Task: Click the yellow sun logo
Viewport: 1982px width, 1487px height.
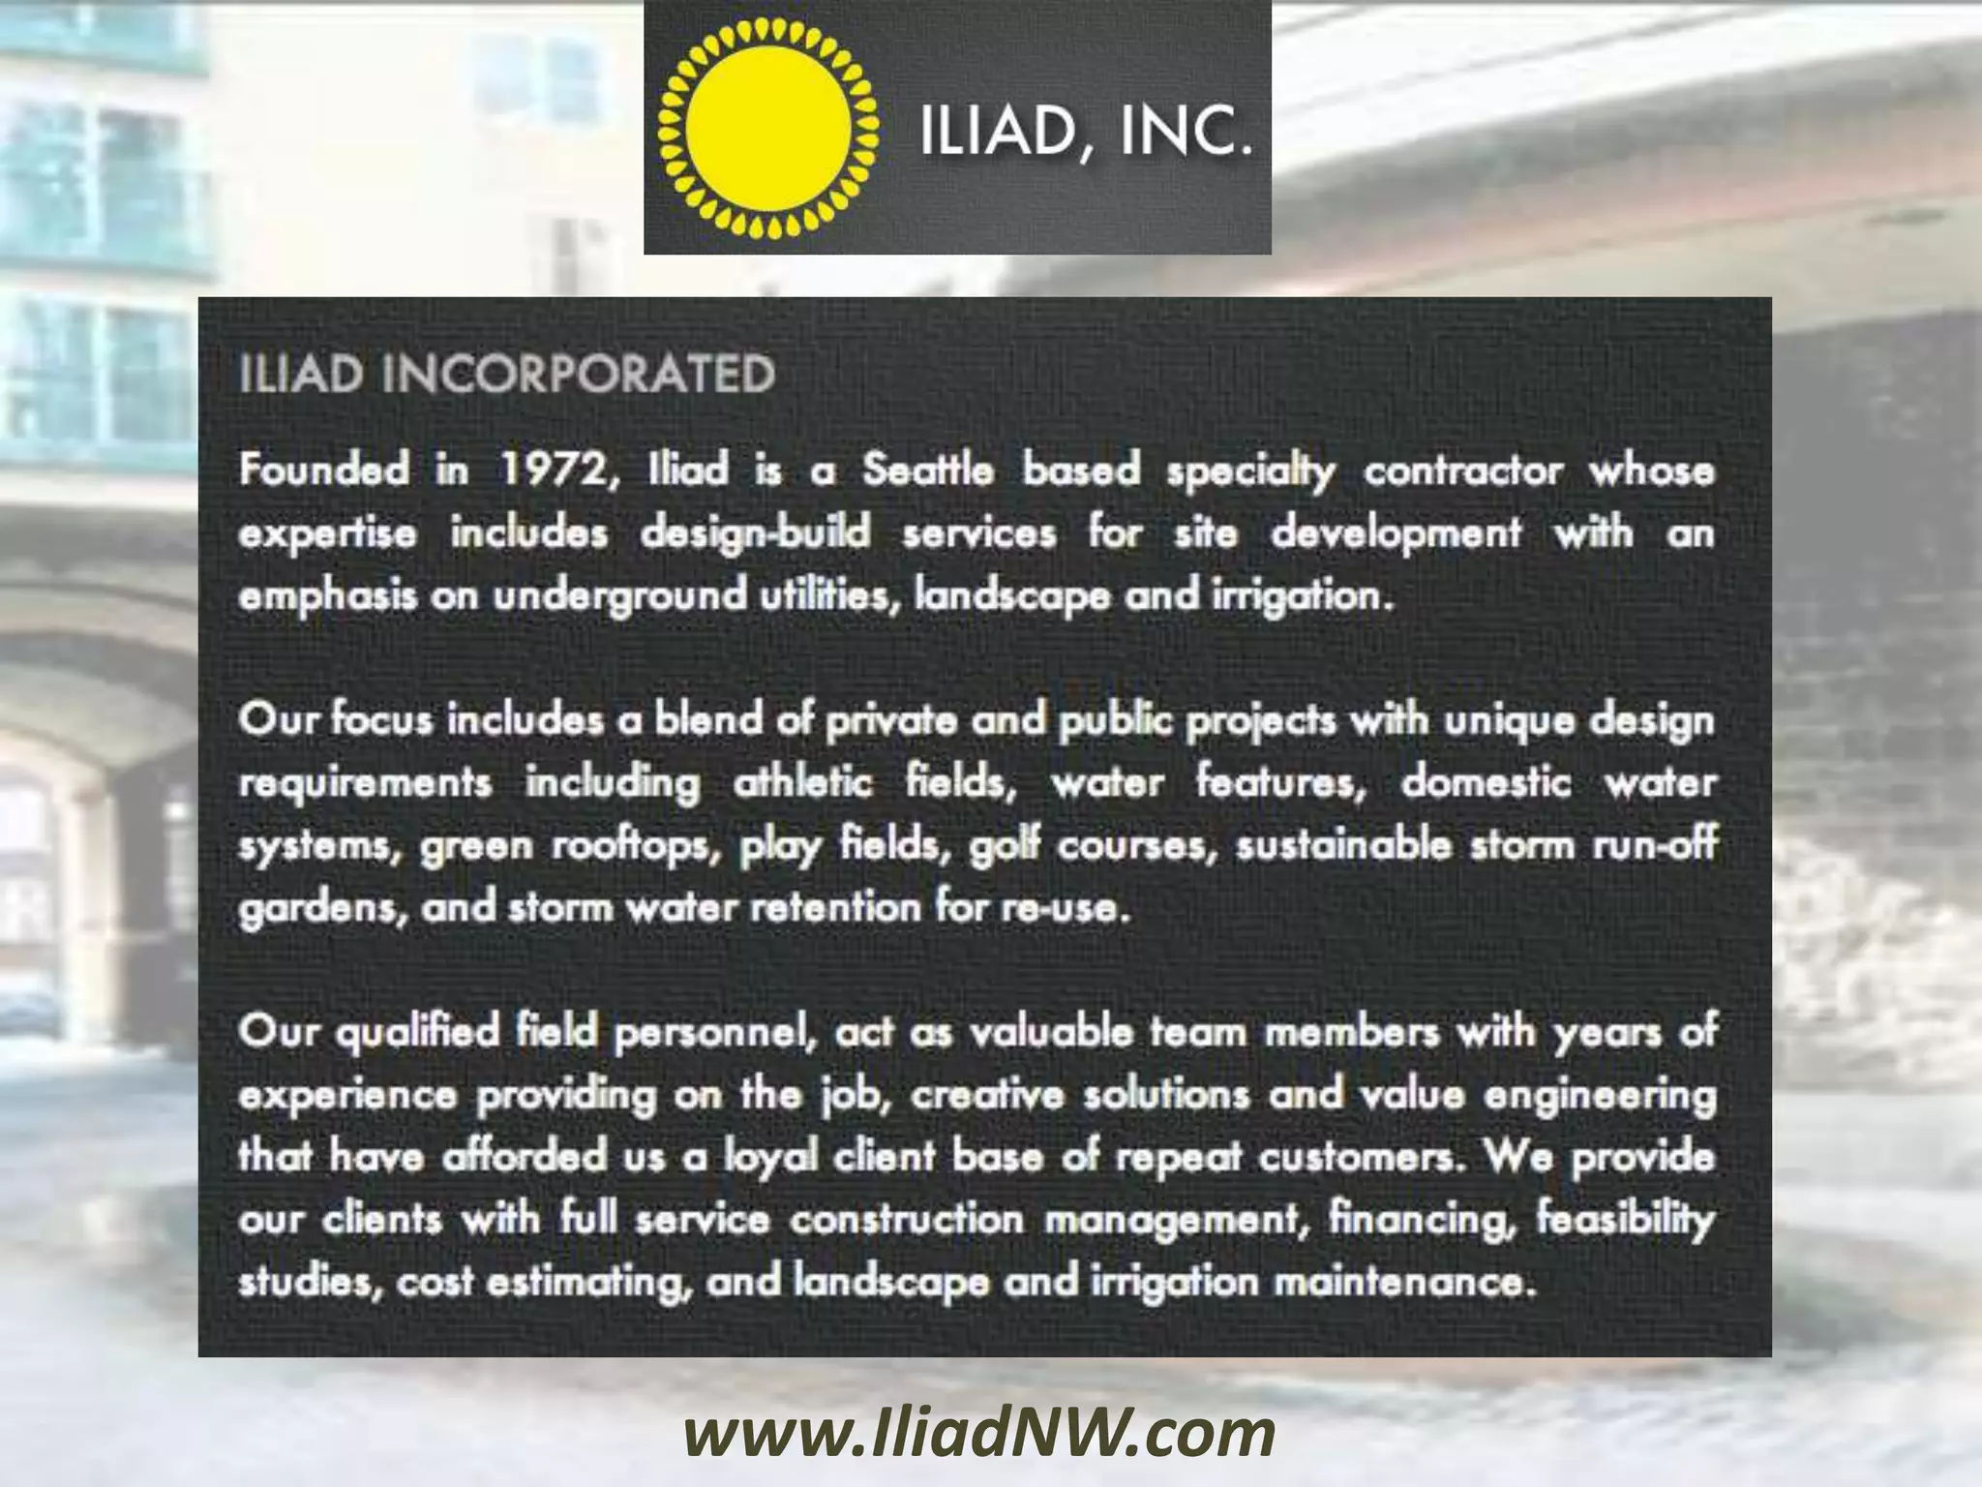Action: click(x=767, y=129)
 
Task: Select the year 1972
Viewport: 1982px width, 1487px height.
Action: click(x=556, y=470)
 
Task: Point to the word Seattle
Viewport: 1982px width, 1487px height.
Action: click(x=927, y=470)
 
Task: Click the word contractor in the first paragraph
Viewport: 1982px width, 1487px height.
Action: click(x=1462, y=470)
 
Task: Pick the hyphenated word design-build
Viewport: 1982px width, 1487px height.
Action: click(x=755, y=532)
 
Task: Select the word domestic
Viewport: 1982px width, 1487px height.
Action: click(x=1486, y=782)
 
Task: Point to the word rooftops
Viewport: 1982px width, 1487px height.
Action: click(x=637, y=846)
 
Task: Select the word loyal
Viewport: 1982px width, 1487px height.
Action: click(x=771, y=1158)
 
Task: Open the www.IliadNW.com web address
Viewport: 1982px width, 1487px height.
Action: click(x=979, y=1436)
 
